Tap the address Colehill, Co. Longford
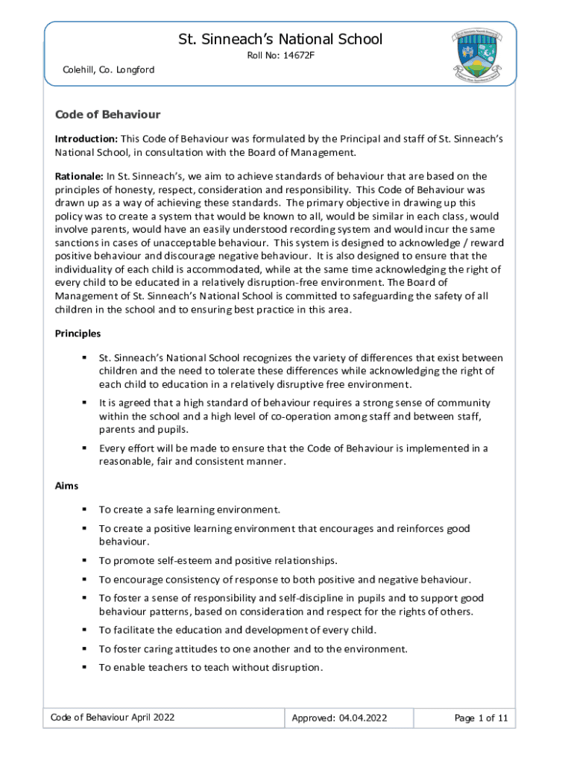[x=108, y=70]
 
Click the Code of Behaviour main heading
[x=107, y=115]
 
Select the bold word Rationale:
[x=80, y=176]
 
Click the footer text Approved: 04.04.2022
[x=339, y=718]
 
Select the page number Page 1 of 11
[x=481, y=718]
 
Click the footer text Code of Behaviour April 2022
[x=113, y=718]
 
